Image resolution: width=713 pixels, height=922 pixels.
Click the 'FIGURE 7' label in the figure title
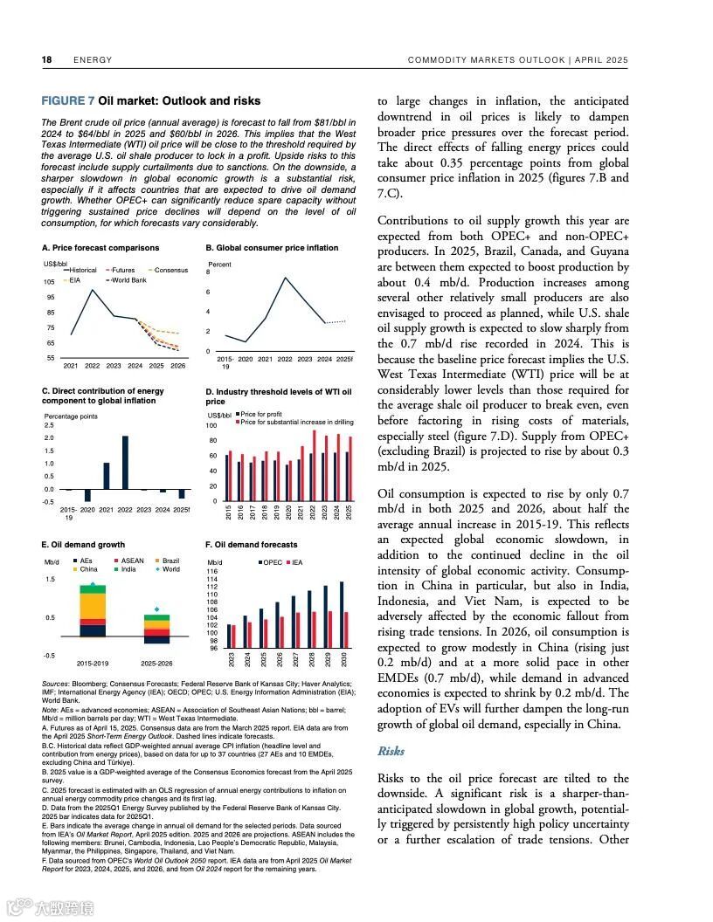pos(68,101)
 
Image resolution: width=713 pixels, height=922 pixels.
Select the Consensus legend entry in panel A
pos(171,271)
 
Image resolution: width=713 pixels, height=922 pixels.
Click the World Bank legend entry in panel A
pos(128,280)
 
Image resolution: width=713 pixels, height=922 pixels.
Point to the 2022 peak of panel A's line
pos(93,290)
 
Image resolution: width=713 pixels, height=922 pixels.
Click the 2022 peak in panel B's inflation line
pos(286,278)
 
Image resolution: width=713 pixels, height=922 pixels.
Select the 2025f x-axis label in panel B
pos(345,359)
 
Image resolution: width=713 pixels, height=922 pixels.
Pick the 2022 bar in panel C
pos(125,462)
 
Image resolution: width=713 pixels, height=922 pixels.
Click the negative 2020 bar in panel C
pos(87,495)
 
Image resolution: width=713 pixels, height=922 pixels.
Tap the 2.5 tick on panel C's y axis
pos(49,425)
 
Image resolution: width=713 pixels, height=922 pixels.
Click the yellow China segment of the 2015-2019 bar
pos(92,606)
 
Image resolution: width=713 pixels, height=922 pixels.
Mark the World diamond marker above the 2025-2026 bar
pos(156,609)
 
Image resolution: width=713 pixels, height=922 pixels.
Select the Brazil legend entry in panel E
pos(170,561)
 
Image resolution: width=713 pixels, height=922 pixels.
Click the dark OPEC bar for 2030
pos(341,615)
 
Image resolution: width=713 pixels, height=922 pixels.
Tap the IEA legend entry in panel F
pos(296,562)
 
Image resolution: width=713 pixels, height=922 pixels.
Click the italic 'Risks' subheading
pos(391,751)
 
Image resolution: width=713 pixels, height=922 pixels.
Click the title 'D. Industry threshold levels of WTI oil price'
pos(278,397)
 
